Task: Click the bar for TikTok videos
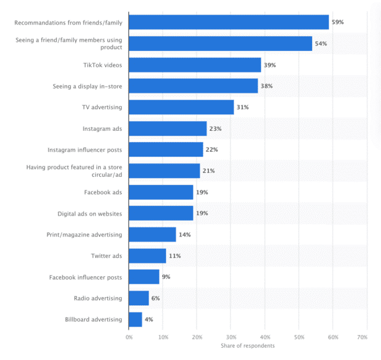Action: pyautogui.click(x=195, y=65)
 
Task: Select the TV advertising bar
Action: pyautogui.click(x=181, y=108)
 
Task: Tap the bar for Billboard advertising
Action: pyautogui.click(x=135, y=319)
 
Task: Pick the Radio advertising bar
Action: pyautogui.click(x=139, y=298)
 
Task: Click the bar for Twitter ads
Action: pyautogui.click(x=147, y=256)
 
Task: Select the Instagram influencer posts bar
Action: pyautogui.click(x=166, y=150)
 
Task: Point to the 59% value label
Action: pyautogui.click(x=337, y=23)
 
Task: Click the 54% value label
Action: pyautogui.click(x=321, y=44)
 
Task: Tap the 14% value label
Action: pyautogui.click(x=184, y=235)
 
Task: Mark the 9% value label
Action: pyautogui.click(x=166, y=277)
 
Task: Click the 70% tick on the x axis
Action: pyautogui.click(x=362, y=337)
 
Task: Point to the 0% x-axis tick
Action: pyautogui.click(x=129, y=337)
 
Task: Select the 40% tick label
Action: pyautogui.click(x=264, y=337)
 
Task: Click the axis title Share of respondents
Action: pyautogui.click(x=248, y=345)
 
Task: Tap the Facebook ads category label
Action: pyautogui.click(x=103, y=192)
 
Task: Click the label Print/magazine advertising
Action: pyautogui.click(x=84, y=235)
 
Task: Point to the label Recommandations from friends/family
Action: pyautogui.click(x=68, y=23)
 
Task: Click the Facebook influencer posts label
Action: pyautogui.click(x=85, y=277)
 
